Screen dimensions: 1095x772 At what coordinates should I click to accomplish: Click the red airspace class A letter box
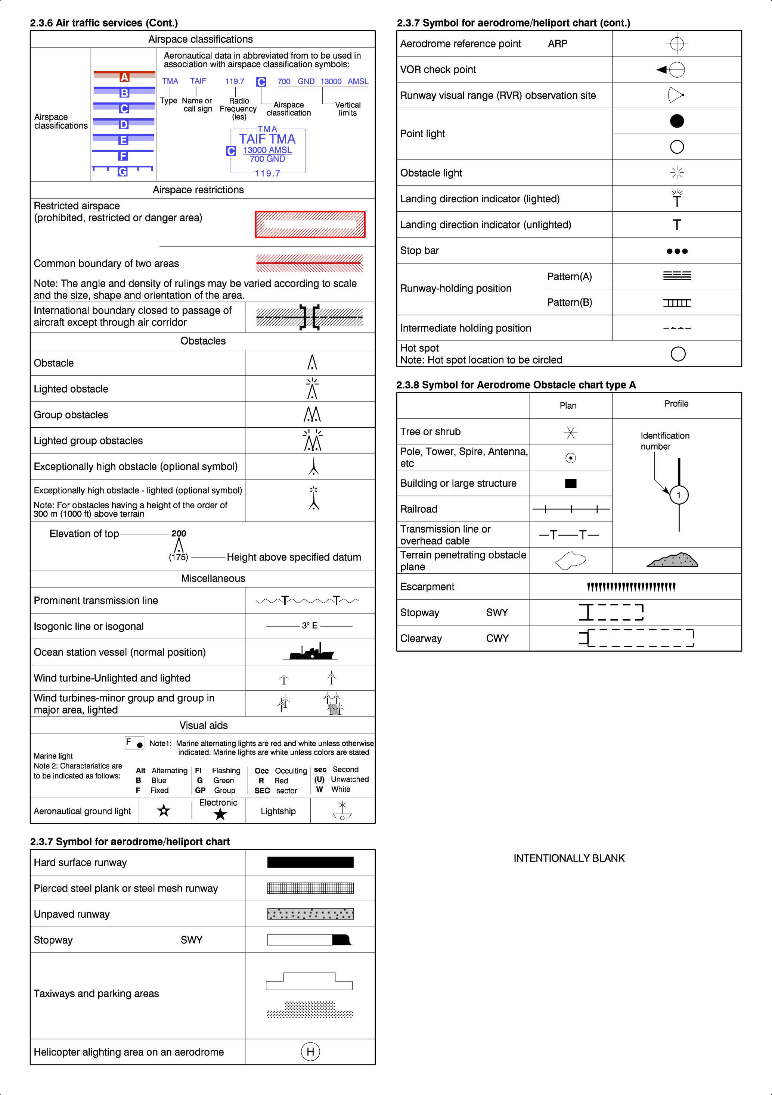pos(124,77)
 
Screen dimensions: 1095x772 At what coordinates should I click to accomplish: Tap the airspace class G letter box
pos(123,172)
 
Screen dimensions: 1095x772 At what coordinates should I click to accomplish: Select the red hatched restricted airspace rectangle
pos(310,224)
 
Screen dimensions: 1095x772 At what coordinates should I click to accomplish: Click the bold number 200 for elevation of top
pos(179,533)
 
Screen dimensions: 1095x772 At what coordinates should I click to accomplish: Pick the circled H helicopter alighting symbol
pos(310,1052)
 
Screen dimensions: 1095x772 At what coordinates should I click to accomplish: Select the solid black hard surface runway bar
pos(310,862)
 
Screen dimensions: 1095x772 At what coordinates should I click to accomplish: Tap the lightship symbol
pos(342,811)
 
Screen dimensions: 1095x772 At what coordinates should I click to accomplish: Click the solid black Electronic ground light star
pos(220,814)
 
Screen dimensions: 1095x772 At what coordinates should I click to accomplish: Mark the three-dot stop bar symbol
pos(677,251)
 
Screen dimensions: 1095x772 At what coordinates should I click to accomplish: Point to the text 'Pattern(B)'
pos(569,302)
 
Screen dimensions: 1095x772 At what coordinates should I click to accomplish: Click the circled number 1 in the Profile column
pos(679,495)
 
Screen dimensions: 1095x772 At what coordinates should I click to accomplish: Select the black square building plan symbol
pos(571,483)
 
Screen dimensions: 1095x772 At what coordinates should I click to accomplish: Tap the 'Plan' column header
pos(568,405)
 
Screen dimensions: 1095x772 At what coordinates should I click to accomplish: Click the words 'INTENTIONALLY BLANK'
pos(569,858)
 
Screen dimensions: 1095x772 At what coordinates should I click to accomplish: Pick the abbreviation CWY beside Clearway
pos(497,638)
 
